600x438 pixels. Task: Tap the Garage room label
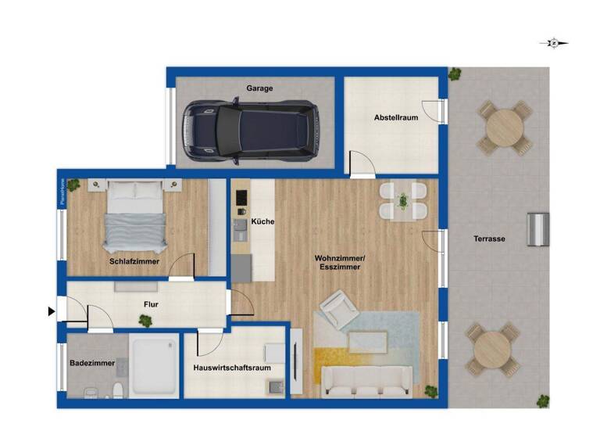coord(260,88)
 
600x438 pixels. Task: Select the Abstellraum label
coord(395,117)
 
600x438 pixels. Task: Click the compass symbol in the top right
coord(553,43)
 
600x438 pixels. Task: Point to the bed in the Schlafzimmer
coord(136,216)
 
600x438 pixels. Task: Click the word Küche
coord(262,222)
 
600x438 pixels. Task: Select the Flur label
coord(152,305)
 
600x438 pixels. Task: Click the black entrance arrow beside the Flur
coord(52,311)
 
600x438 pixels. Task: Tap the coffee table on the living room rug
coord(367,342)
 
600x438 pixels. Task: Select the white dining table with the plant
coord(403,202)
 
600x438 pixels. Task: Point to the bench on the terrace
coord(537,229)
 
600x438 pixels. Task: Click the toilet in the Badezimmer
coord(116,390)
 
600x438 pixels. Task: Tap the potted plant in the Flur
coord(145,320)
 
